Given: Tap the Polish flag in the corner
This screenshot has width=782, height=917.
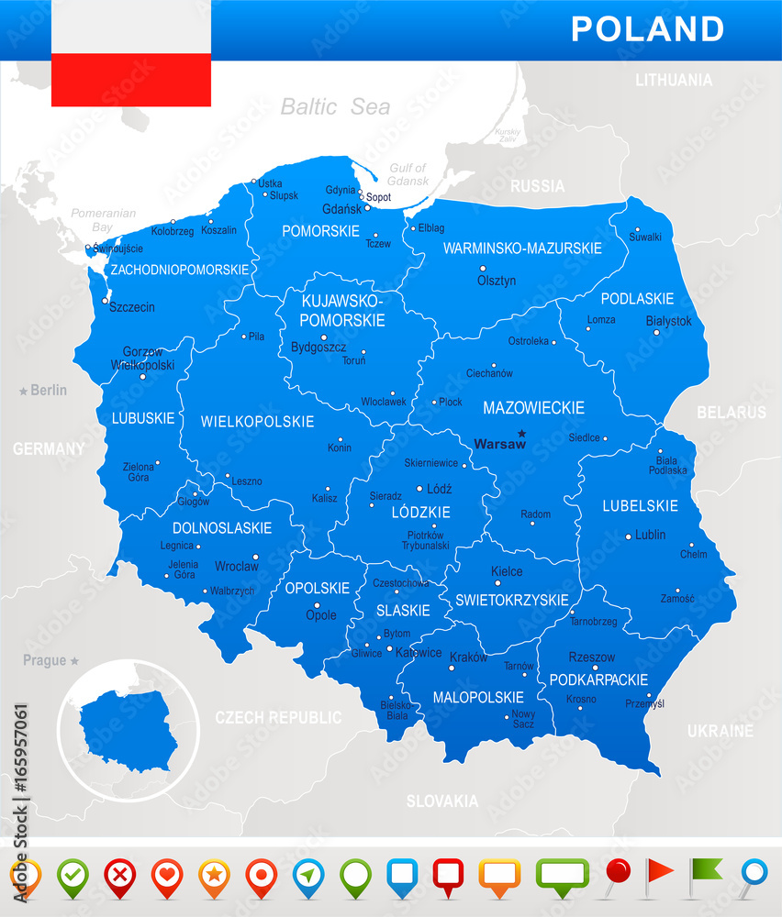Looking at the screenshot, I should coord(130,53).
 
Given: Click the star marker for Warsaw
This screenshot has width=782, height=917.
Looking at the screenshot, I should coord(521,433).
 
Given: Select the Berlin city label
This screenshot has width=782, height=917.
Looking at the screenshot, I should coord(48,390).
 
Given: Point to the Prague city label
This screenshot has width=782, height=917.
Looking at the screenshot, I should coord(45,660).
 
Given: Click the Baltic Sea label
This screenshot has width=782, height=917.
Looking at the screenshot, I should coord(335,106).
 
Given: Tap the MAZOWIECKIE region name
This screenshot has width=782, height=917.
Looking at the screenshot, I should coord(533,407).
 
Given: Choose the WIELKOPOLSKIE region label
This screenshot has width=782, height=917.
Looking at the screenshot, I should coord(257,422).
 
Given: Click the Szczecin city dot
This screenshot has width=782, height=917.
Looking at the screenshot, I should coord(105,300).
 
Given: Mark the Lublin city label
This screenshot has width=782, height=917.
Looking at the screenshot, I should coord(650,535).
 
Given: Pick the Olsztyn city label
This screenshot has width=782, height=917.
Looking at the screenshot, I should coord(497,281).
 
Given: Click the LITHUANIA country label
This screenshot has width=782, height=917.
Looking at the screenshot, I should coord(673,80).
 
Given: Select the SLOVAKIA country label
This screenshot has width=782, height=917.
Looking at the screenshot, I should coord(442,801).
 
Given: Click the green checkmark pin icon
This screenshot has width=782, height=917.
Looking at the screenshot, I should coord(73,876).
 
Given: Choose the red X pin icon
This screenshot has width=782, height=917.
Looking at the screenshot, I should coord(119,876).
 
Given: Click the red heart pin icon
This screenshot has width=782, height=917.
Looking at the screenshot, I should coord(167,876).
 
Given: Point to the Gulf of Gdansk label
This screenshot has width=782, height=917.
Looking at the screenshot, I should coord(408,174).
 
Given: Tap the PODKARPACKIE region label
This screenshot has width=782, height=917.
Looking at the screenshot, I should coord(598,679).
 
